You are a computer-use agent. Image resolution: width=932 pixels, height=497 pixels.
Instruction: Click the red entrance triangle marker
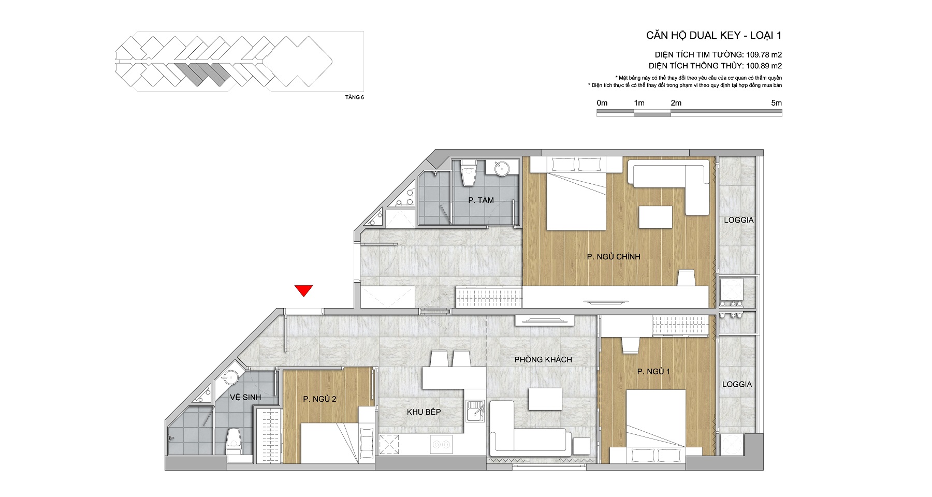point(304,291)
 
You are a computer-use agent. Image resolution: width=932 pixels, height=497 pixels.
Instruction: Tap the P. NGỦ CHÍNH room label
point(614,257)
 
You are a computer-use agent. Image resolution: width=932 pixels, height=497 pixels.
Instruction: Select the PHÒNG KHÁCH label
point(543,359)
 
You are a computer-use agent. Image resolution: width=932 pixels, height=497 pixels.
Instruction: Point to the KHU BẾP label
point(424,412)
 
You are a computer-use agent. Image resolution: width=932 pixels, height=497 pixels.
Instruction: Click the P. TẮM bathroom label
point(481,200)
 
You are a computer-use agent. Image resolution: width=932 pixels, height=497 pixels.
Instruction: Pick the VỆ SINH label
point(245,397)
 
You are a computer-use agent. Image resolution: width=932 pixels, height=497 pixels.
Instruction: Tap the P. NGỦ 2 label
point(320,399)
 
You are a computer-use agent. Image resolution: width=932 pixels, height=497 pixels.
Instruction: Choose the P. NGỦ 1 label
point(653,372)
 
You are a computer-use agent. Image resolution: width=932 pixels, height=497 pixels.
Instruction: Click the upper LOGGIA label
point(739,220)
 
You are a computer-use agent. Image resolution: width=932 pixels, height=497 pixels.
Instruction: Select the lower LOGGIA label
point(737,384)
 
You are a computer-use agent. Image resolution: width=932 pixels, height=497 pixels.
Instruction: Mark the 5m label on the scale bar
point(776,103)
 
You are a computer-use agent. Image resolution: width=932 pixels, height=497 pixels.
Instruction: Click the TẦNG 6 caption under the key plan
point(355,97)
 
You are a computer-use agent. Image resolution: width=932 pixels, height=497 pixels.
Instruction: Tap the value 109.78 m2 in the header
point(764,54)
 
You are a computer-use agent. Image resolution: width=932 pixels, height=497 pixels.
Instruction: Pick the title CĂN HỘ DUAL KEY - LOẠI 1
point(714,35)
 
